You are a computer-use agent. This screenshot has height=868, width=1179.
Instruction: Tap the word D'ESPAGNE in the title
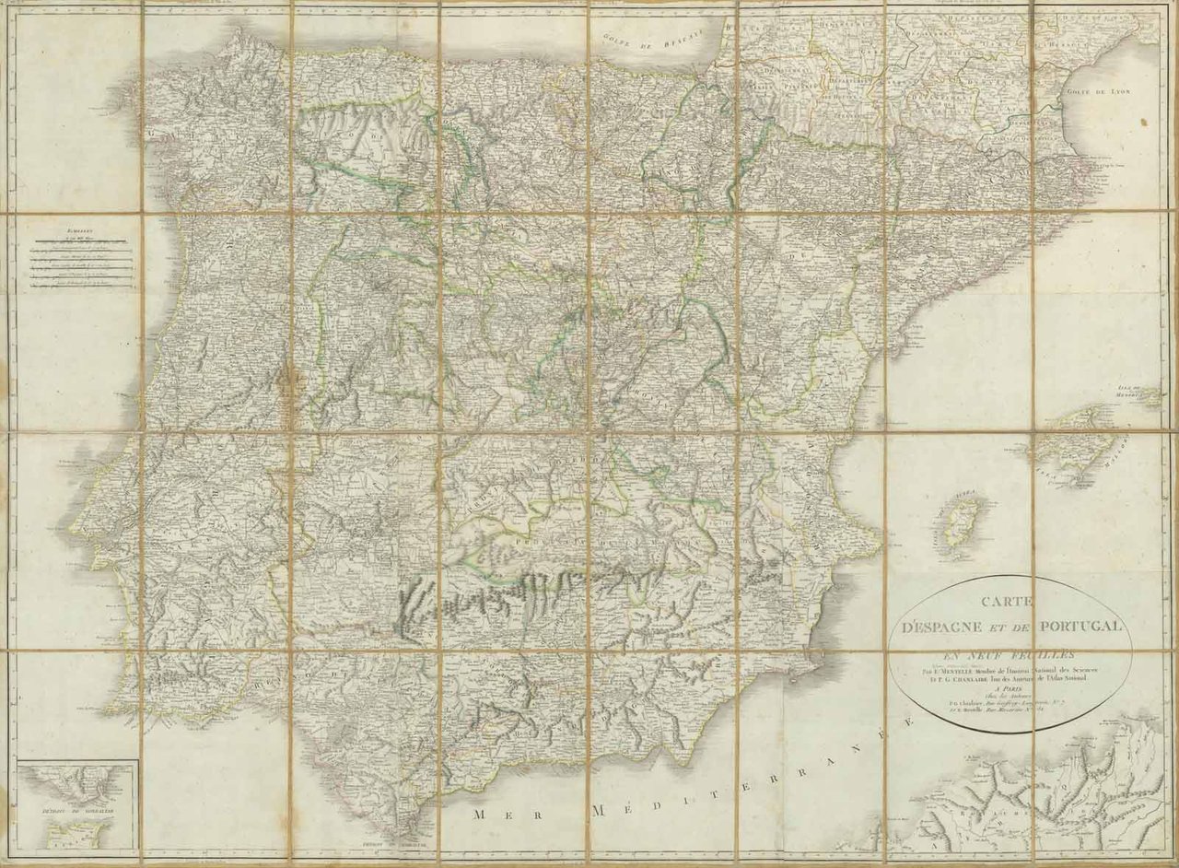pos(955,628)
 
